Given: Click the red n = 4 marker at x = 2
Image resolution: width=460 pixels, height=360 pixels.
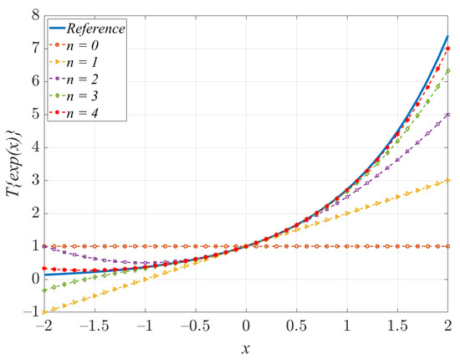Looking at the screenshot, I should (x=449, y=49).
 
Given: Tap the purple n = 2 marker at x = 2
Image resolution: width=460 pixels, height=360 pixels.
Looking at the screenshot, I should (x=449, y=115).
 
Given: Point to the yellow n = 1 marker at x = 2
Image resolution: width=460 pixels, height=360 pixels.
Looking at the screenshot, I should (x=449, y=180).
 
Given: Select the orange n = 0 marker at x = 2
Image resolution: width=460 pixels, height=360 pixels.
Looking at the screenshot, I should (x=449, y=246).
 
